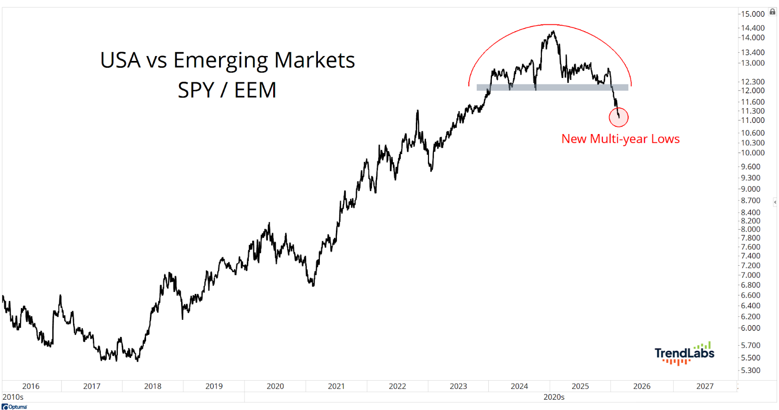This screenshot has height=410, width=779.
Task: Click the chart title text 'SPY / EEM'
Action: (227, 90)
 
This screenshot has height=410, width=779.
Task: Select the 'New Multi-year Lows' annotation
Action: (620, 139)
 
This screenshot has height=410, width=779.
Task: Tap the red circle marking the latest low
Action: (618, 117)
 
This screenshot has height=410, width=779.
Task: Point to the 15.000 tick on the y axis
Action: (753, 14)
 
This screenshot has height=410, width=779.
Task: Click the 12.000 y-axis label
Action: (753, 91)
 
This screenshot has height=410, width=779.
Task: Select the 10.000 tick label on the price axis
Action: (753, 153)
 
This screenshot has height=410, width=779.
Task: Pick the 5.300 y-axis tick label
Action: (751, 371)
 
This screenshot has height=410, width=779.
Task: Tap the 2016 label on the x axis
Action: (31, 386)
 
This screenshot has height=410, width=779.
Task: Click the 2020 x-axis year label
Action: (275, 386)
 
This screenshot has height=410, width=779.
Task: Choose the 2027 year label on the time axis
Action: (705, 386)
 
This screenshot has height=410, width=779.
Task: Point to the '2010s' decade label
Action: (13, 397)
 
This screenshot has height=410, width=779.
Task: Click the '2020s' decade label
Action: (554, 397)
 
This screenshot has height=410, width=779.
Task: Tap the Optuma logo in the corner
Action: (15, 407)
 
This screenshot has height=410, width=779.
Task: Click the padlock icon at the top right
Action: (772, 12)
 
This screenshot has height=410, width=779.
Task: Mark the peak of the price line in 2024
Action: (553, 32)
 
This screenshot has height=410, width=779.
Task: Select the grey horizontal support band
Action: (552, 88)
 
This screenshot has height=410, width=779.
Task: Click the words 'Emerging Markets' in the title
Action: (264, 60)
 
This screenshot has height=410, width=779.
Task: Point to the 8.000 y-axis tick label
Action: (751, 229)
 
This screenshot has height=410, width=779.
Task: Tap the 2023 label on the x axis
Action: (458, 386)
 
